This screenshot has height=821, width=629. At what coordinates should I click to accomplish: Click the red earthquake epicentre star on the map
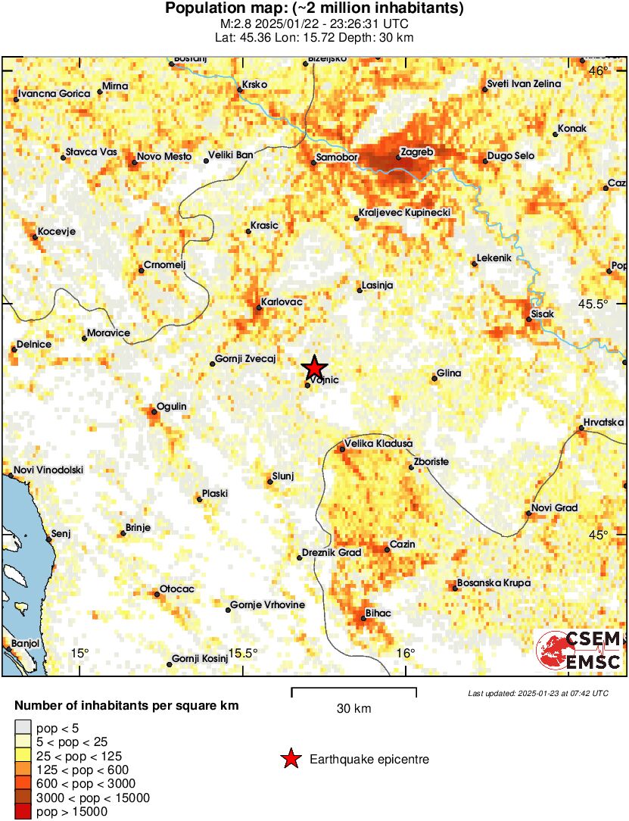[315, 368]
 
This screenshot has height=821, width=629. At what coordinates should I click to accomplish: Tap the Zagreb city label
[416, 152]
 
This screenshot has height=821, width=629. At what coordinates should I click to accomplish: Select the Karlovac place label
[282, 302]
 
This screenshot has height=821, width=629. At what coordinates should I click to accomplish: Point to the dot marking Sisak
[529, 320]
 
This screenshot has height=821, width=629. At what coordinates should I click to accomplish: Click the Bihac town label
[378, 613]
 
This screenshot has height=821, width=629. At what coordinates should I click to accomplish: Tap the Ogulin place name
[171, 407]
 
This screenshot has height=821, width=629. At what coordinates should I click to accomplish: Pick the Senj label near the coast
[61, 533]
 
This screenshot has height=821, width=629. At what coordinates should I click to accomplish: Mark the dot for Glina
[434, 378]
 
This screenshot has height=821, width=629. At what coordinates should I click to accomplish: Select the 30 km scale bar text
[353, 709]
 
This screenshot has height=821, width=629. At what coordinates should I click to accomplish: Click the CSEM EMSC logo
[579, 650]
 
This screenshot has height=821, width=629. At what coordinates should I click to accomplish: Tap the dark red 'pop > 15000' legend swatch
[23, 812]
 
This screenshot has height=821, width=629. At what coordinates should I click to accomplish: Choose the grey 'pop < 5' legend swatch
[23, 728]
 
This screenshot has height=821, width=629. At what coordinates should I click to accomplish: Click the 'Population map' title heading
[314, 9]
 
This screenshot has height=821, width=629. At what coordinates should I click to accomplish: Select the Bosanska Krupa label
[494, 582]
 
